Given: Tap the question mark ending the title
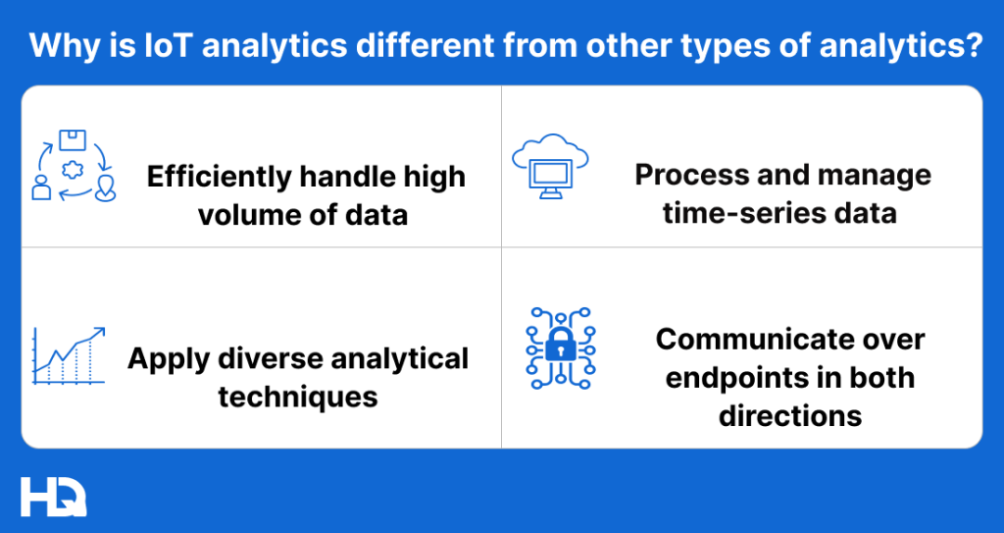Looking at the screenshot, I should click(x=972, y=45).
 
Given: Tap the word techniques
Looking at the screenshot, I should click(x=298, y=396).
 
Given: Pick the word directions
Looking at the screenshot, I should click(x=790, y=414).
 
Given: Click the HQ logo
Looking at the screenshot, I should click(x=53, y=496).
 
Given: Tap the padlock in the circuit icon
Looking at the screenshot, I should click(x=559, y=346).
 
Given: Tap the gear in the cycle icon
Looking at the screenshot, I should click(x=71, y=169).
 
